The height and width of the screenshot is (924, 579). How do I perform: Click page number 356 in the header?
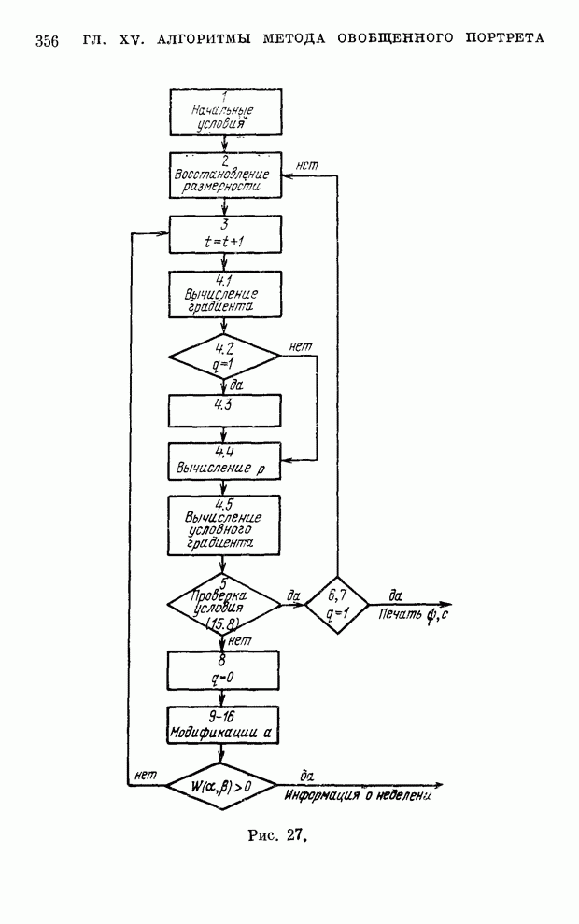click(x=47, y=40)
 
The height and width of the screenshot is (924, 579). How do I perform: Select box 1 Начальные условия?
click(x=224, y=109)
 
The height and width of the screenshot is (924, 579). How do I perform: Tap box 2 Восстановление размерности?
click(x=224, y=175)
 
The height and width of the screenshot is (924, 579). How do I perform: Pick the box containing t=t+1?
click(x=224, y=234)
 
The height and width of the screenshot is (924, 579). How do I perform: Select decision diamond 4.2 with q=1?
click(x=224, y=356)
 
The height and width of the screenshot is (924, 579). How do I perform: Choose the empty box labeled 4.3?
click(x=224, y=409)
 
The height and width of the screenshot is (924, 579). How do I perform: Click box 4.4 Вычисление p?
click(x=224, y=461)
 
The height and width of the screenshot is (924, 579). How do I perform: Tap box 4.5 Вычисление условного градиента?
click(x=224, y=525)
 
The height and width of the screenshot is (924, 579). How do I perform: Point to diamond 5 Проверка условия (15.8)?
click(x=224, y=604)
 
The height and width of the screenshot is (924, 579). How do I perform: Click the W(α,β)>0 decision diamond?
click(x=221, y=786)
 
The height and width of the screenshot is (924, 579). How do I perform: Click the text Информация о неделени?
click(x=360, y=799)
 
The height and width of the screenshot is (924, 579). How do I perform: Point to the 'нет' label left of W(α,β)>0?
click(x=145, y=775)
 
